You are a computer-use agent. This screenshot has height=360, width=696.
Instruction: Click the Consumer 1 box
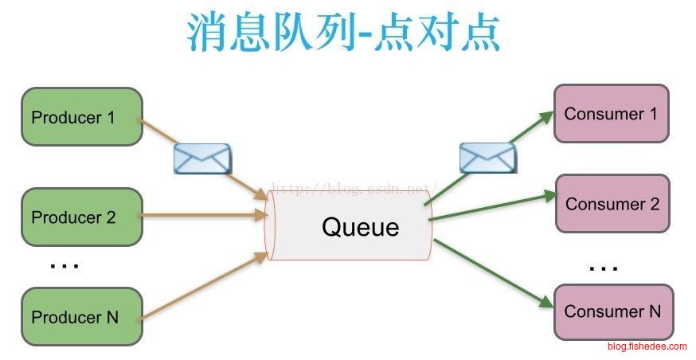click(611, 114)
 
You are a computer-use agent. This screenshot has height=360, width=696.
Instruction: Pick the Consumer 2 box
click(612, 204)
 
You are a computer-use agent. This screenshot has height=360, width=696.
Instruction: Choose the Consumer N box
click(612, 311)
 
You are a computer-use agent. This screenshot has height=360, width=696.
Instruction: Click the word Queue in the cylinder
click(360, 227)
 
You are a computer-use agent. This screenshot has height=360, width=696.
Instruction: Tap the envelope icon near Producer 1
click(202, 158)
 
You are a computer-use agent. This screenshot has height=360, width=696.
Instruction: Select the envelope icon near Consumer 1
click(487, 158)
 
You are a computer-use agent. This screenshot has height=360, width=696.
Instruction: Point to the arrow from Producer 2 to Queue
click(203, 215)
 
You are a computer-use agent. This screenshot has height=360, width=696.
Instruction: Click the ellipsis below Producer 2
click(64, 264)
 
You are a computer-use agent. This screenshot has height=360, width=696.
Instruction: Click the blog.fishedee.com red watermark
click(647, 346)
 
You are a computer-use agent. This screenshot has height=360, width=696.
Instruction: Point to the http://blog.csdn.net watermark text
click(350, 190)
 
